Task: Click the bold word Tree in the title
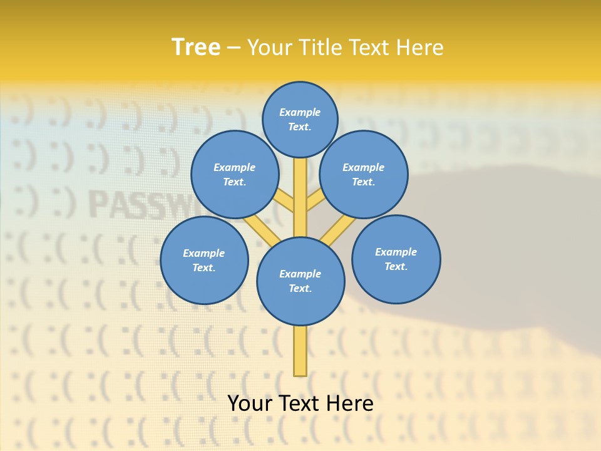(x=196, y=47)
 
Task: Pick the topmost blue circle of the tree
(x=300, y=119)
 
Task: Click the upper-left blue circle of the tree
(x=235, y=174)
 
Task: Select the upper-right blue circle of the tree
(x=364, y=174)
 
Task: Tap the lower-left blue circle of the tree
(x=204, y=260)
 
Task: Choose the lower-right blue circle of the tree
(x=396, y=259)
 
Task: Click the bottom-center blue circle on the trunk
(x=300, y=281)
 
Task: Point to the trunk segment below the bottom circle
(x=300, y=351)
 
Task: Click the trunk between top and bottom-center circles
(x=300, y=197)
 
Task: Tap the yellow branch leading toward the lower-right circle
(x=339, y=228)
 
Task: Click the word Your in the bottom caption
(x=250, y=403)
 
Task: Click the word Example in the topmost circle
(x=300, y=112)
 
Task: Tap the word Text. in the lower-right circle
(x=396, y=266)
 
